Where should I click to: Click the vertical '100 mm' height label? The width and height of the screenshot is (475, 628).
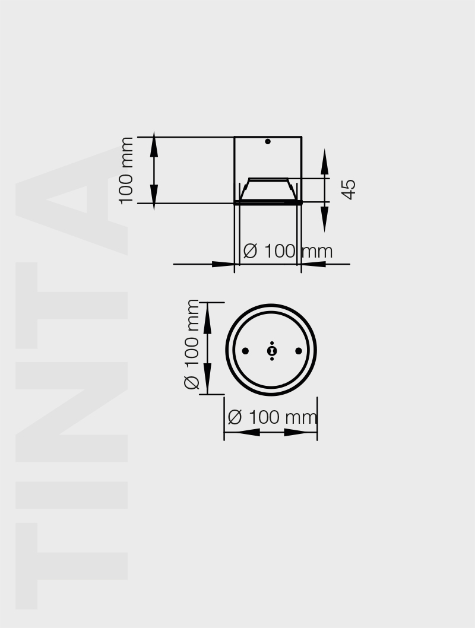pos(126,170)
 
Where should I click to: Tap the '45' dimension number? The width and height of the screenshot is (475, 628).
pos(349,189)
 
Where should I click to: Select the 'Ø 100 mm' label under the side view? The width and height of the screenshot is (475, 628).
pos(287,251)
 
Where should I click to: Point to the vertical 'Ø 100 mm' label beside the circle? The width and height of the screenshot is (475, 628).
pos(192,344)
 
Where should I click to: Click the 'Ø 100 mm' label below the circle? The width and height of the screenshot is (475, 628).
pos(273,417)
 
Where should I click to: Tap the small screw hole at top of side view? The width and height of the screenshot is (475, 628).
pos(268,141)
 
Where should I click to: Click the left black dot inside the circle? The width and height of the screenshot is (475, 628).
pos(245,351)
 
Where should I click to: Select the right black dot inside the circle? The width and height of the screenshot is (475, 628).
pos(299,351)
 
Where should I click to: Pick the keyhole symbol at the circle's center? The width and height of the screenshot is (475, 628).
pos(272,351)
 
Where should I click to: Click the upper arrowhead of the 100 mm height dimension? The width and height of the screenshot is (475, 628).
pos(154,146)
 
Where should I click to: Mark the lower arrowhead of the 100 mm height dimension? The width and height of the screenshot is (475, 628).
pos(154,195)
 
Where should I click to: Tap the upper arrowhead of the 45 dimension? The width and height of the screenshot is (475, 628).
pos(325,163)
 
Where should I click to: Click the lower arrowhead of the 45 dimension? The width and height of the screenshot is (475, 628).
pos(325,220)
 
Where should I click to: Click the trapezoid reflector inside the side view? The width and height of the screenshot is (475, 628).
pos(268,189)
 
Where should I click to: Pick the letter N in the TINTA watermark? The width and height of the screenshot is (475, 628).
pos(71,410)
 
